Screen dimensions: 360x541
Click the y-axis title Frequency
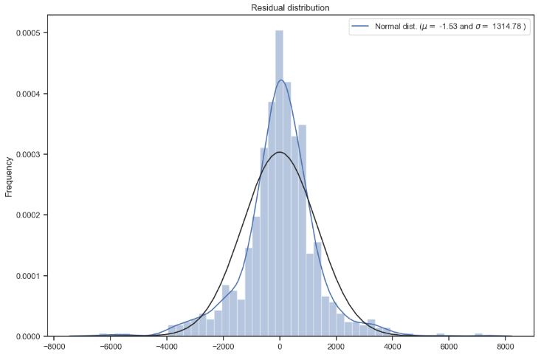coord(10,176)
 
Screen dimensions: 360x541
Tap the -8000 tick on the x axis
coord(53,347)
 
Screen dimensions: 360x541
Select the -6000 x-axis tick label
coord(110,347)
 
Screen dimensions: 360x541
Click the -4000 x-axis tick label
coord(167,347)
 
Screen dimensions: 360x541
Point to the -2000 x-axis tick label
coord(223,347)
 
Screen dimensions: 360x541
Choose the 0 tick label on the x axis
coord(280,347)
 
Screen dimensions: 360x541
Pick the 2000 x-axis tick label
coord(337,347)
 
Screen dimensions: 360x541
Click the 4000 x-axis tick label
coord(393,347)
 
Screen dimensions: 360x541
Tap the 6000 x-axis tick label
coord(449,347)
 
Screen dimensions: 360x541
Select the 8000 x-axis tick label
coord(506,347)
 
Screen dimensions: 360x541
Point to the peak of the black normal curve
coord(280,152)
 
